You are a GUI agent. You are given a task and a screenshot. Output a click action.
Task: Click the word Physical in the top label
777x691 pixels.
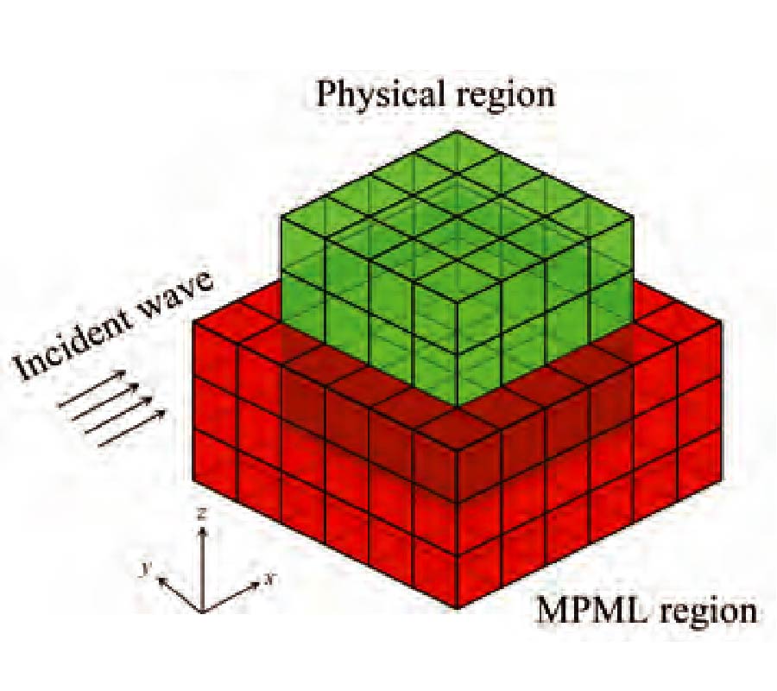pyautogui.click(x=376, y=93)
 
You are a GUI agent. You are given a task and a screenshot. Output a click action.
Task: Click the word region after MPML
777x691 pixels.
pyautogui.click(x=706, y=613)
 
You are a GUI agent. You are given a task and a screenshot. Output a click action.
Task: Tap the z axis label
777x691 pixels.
pyautogui.click(x=200, y=516)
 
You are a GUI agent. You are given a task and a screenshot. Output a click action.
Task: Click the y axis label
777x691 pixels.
pyautogui.click(x=146, y=568)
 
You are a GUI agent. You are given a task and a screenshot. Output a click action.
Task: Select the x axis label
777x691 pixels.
pyautogui.click(x=269, y=578)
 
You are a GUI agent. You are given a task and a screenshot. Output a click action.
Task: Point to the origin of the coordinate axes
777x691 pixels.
pyautogui.click(x=202, y=611)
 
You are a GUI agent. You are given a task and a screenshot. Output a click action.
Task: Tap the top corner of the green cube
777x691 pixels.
pyautogui.click(x=457, y=131)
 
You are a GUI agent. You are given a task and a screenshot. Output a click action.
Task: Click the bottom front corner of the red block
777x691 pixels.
pyautogui.click(x=457, y=608)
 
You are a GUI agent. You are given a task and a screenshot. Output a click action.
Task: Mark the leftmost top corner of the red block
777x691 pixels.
pyautogui.click(x=193, y=321)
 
